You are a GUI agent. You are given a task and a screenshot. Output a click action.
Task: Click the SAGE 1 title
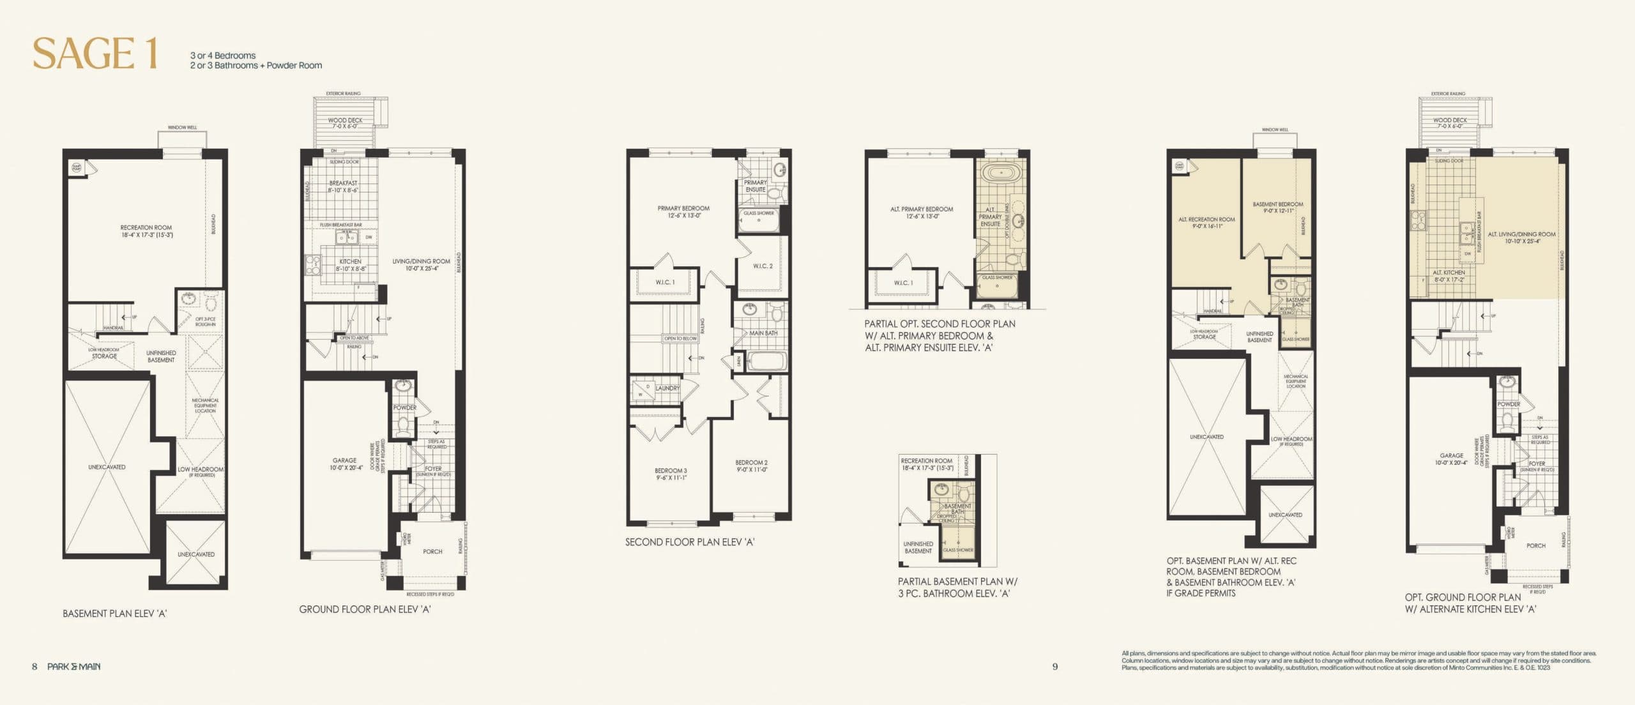pos(95,53)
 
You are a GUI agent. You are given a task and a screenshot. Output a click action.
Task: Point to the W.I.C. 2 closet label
pos(763,266)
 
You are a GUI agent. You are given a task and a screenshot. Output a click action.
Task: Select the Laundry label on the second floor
pos(667,388)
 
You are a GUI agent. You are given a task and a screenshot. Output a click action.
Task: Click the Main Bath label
pos(763,333)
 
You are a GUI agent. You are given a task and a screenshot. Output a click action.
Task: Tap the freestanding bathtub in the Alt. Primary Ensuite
pos(1000,173)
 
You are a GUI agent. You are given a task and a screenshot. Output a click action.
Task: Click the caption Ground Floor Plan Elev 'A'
pos(365,609)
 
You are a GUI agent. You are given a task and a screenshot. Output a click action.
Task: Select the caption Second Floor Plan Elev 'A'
pos(689,542)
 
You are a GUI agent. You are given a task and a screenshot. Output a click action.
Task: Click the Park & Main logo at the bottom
pos(73,667)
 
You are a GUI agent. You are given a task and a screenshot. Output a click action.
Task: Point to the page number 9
pos(1055,667)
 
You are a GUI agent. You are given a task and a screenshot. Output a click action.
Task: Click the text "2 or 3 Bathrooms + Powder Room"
pos(255,65)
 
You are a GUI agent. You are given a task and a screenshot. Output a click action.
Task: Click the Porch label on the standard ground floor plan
pos(432,551)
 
